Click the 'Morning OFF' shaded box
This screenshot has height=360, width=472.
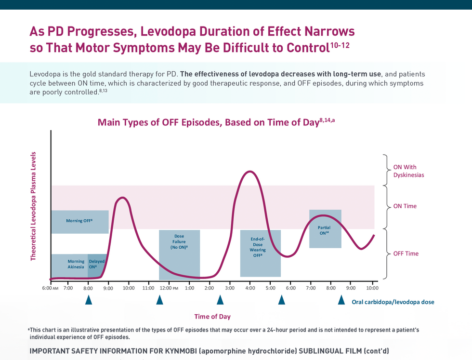pos(79,221)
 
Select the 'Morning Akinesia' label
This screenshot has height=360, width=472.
pos(76,264)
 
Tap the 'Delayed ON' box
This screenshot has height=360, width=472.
pos(96,264)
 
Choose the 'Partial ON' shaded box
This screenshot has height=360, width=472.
pos(325,229)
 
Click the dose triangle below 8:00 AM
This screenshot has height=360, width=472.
pos(89,300)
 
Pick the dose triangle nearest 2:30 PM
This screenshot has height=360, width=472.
pos(220,300)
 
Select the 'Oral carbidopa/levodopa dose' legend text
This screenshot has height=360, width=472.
pos(393,302)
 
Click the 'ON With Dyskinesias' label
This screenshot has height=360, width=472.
pos(408,171)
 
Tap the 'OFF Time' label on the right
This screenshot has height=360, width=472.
pos(406,253)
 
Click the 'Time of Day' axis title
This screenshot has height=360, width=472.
pos(212,317)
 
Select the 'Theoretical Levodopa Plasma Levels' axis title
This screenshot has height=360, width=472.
pos(33,207)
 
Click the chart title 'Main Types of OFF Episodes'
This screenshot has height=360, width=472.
pos(216,122)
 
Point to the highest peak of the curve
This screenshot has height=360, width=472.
pos(249,172)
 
